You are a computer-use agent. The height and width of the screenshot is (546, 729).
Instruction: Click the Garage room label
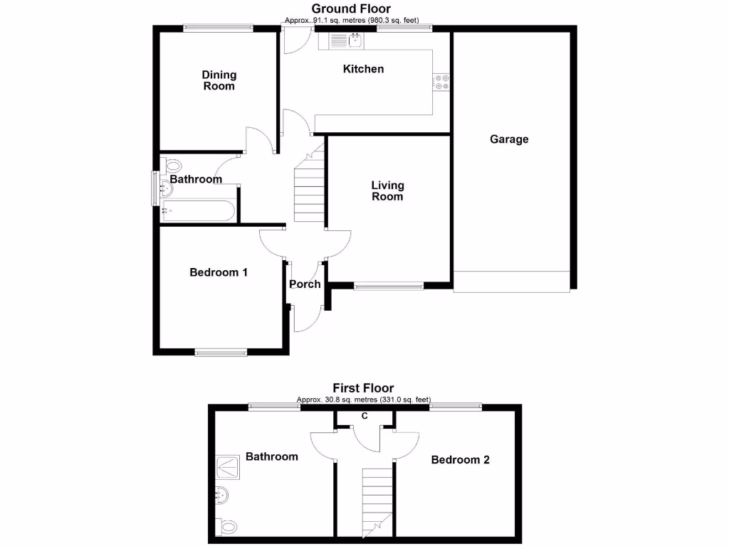click(x=509, y=139)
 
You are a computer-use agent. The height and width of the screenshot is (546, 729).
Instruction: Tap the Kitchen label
click(x=363, y=69)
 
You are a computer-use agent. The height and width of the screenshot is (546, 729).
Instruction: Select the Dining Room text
click(x=219, y=80)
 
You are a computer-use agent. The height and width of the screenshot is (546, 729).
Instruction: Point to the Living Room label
click(x=387, y=191)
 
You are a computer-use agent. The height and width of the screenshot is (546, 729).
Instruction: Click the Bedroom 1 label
click(x=219, y=272)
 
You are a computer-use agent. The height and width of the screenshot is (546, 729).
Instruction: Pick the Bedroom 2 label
click(x=461, y=460)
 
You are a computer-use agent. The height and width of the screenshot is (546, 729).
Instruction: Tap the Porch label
click(x=305, y=284)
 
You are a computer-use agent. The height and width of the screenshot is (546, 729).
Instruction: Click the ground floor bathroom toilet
click(x=172, y=167)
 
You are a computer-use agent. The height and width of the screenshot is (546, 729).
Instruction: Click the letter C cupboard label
click(x=364, y=416)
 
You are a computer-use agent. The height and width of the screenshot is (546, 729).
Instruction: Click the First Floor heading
click(x=363, y=388)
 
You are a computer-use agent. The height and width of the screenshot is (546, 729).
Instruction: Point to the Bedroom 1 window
click(x=221, y=351)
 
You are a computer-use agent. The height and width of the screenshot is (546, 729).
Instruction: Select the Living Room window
click(x=389, y=287)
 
